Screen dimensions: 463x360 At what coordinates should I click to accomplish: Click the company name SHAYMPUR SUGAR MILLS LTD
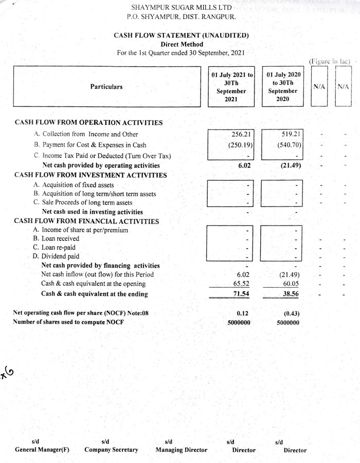[181, 8]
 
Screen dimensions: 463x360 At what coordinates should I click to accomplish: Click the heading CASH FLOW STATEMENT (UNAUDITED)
[181, 35]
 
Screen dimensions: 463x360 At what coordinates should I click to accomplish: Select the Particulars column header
[106, 87]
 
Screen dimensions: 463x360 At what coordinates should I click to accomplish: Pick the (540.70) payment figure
[289, 145]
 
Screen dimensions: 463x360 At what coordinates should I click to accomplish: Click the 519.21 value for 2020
[291, 135]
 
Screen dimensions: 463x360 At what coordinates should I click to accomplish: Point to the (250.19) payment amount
[239, 145]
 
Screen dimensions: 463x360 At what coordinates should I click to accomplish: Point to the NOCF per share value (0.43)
[291, 312]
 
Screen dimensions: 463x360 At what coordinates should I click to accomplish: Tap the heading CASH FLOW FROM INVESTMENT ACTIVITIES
[91, 175]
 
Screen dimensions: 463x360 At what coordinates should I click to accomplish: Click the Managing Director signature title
[181, 450]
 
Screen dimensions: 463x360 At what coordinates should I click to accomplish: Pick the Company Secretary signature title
[111, 450]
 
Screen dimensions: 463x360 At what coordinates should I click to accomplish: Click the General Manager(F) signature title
[42, 450]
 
